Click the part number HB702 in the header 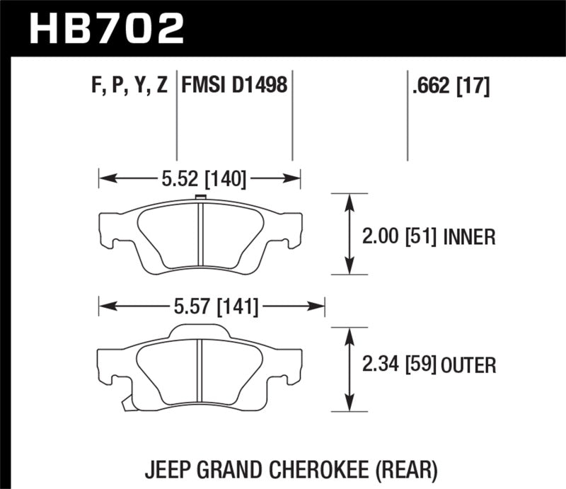pos(105,28)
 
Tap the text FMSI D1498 pos(234,86)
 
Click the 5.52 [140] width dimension pos(200,180)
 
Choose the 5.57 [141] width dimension pos(212,307)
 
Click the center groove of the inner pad pos(201,238)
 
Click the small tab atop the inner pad pos(200,198)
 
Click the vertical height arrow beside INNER pos(348,234)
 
